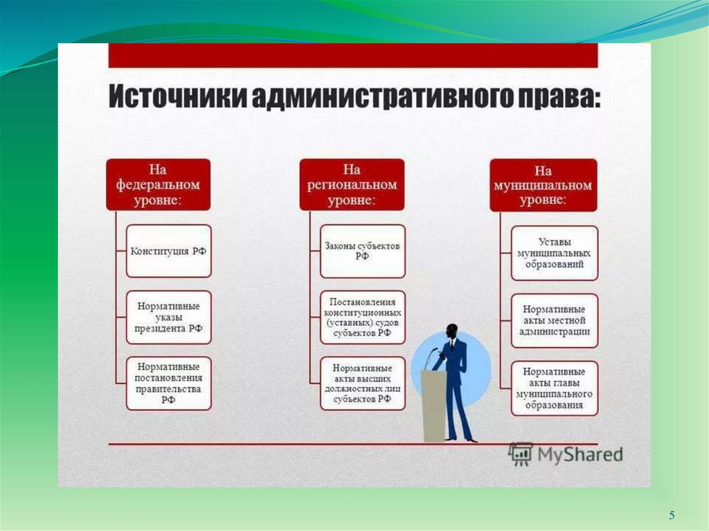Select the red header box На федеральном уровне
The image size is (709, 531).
(158, 185)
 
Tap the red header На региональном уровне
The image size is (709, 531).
(352, 185)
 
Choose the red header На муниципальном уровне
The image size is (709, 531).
(543, 185)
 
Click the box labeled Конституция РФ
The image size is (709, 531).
(168, 251)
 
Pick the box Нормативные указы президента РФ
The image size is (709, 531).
(168, 317)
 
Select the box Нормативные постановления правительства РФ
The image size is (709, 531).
(168, 383)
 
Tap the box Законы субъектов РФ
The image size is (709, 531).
(363, 251)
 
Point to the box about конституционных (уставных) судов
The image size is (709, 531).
(363, 317)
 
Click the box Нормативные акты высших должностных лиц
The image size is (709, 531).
(363, 383)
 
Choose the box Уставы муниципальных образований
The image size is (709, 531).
(554, 253)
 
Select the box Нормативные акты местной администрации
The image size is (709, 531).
(554, 320)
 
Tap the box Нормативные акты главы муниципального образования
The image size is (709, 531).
(554, 388)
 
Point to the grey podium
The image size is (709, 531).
(434, 405)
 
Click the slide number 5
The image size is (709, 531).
(671, 515)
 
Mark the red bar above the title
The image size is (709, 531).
(353, 56)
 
